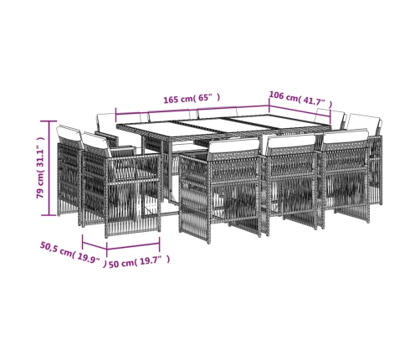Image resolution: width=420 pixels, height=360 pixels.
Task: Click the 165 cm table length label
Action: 192,99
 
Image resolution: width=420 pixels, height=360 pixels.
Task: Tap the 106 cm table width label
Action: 300,99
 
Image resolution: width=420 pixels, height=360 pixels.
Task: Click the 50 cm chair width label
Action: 139,261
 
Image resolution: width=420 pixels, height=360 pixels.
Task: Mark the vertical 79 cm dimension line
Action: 49,168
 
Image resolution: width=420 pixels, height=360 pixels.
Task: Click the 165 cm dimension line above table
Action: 192,110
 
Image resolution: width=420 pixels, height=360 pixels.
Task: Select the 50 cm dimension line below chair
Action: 133,246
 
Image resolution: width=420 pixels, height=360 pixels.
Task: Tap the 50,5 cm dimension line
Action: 95,244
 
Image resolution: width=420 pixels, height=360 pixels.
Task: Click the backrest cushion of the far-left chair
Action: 69,133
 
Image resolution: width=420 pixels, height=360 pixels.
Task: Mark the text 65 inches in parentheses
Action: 207,98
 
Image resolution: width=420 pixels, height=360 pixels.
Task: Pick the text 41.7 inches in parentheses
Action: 315,102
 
